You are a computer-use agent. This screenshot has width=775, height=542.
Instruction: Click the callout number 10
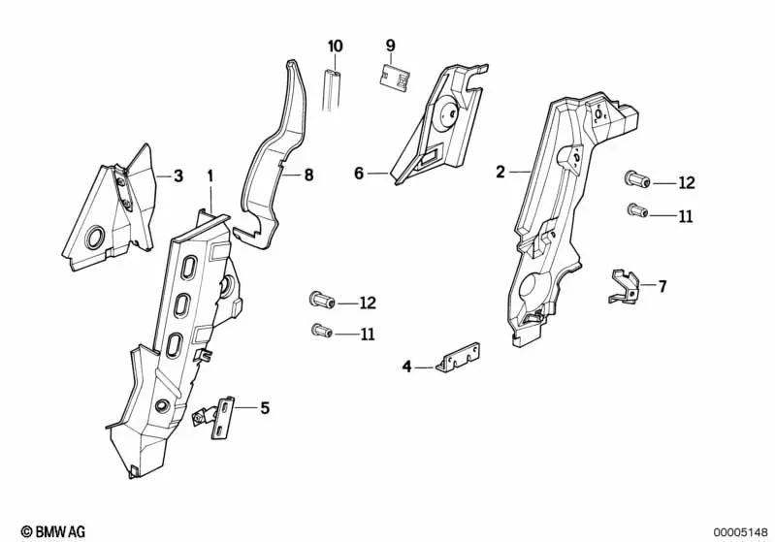[336, 47]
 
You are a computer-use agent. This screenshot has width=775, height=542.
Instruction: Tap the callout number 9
[391, 46]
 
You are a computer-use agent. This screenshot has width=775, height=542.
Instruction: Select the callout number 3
[178, 175]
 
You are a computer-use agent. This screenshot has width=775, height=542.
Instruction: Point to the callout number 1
[209, 175]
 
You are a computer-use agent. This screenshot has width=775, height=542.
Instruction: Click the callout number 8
[308, 175]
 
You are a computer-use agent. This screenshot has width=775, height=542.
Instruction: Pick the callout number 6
[359, 174]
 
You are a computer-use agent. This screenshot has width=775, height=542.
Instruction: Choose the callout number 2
[501, 173]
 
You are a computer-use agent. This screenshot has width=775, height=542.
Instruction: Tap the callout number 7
[662, 286]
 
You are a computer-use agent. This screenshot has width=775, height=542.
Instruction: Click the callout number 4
[407, 367]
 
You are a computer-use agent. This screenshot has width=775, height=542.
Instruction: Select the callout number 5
[264, 408]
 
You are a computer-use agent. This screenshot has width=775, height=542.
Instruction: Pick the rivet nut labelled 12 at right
[634, 181]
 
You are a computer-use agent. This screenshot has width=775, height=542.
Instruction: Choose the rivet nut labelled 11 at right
[635, 210]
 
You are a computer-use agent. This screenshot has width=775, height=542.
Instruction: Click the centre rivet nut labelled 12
[321, 301]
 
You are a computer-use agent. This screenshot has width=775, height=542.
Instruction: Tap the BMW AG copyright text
[34, 530]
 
